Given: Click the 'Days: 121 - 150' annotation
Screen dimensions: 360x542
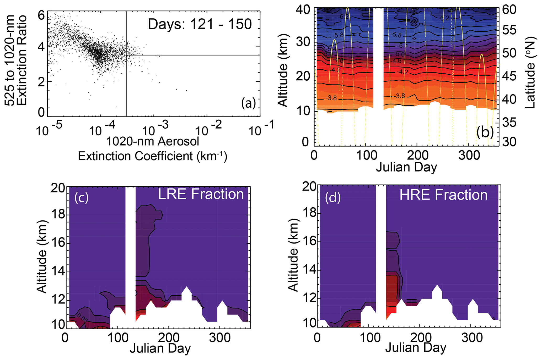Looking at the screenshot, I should coord(200,24).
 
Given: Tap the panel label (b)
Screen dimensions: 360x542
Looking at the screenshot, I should coord(485,132).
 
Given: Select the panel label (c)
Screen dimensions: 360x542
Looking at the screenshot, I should coord(81,197).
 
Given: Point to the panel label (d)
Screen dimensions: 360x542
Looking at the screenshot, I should coord(333,197).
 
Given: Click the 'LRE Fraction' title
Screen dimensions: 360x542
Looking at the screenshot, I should coord(201,194).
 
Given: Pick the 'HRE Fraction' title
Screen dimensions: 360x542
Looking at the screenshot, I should coord(443,195).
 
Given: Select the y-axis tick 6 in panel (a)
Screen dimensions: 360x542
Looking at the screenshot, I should coord(41,16).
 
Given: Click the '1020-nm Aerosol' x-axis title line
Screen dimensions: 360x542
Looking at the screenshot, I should coord(153,141).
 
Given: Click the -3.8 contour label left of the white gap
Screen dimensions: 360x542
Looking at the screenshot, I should coord(331,98).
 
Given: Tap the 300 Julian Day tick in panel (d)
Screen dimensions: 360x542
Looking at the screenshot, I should coord(472,338).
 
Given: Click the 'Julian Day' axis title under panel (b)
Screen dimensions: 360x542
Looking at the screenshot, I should coord(406,167).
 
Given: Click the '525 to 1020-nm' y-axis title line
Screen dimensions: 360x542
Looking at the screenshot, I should coord(10,60).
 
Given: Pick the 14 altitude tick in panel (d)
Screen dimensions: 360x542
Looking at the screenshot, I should coord(309,270).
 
